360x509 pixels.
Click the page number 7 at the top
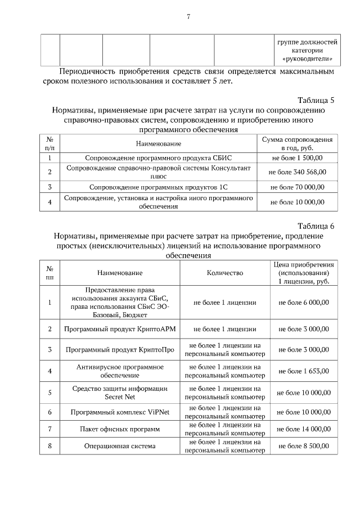pos(188,16)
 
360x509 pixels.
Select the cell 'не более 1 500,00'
pos(297,158)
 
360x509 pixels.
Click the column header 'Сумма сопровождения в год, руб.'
pos(297,143)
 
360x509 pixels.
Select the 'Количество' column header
pos(225,273)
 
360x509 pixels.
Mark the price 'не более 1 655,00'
pos(304,371)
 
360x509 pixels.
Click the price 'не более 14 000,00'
pos(304,429)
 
